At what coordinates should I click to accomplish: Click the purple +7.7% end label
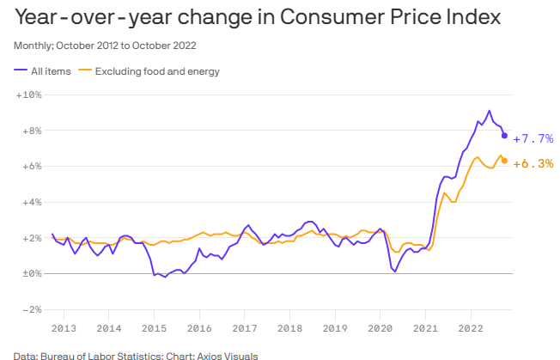[x=533, y=138]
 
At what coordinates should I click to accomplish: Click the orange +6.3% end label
[x=533, y=163]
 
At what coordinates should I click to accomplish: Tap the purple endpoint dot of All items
[x=504, y=136]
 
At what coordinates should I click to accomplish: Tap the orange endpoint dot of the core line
[x=504, y=161]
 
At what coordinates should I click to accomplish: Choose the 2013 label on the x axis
[x=64, y=328]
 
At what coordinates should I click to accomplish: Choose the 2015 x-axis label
[x=154, y=328]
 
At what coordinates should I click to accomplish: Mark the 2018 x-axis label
[x=290, y=328]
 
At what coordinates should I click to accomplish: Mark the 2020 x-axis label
[x=381, y=328]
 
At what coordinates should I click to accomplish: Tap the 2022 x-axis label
[x=472, y=328]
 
